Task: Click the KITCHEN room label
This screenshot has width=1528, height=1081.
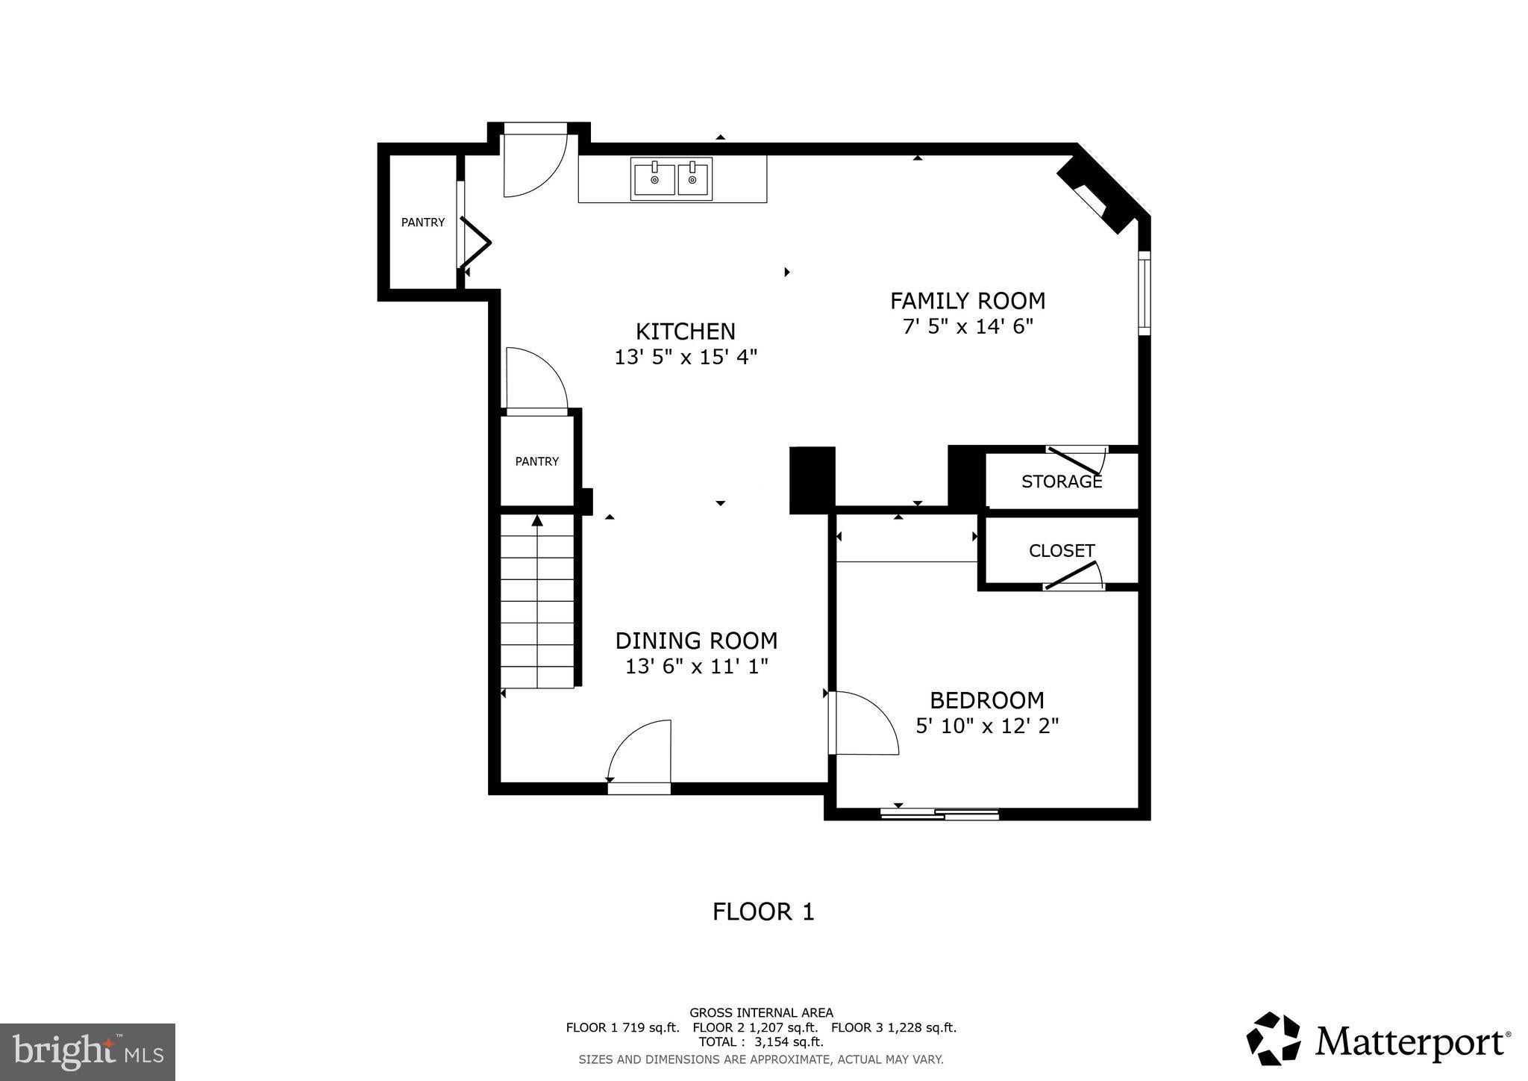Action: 685,331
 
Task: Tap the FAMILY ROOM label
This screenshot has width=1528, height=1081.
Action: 968,301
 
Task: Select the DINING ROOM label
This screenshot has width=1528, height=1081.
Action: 696,641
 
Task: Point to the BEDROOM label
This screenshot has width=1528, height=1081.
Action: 986,700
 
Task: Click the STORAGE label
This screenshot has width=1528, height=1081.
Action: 1062,482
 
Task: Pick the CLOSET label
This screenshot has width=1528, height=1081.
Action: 1062,551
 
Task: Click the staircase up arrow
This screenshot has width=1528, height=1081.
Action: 536,520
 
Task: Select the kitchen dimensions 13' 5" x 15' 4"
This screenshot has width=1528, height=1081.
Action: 686,358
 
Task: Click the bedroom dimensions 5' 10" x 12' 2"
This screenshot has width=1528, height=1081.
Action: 987,726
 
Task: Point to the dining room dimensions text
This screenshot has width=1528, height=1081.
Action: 696,666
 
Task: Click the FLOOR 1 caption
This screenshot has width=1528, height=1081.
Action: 763,912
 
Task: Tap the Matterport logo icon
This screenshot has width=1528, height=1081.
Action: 1274,1038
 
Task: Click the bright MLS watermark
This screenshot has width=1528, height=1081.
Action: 88,1052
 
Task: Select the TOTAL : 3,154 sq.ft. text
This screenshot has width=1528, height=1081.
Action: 761,1041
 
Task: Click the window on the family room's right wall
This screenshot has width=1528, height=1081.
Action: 1144,293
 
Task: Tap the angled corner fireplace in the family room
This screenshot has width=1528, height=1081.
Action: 1097,198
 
